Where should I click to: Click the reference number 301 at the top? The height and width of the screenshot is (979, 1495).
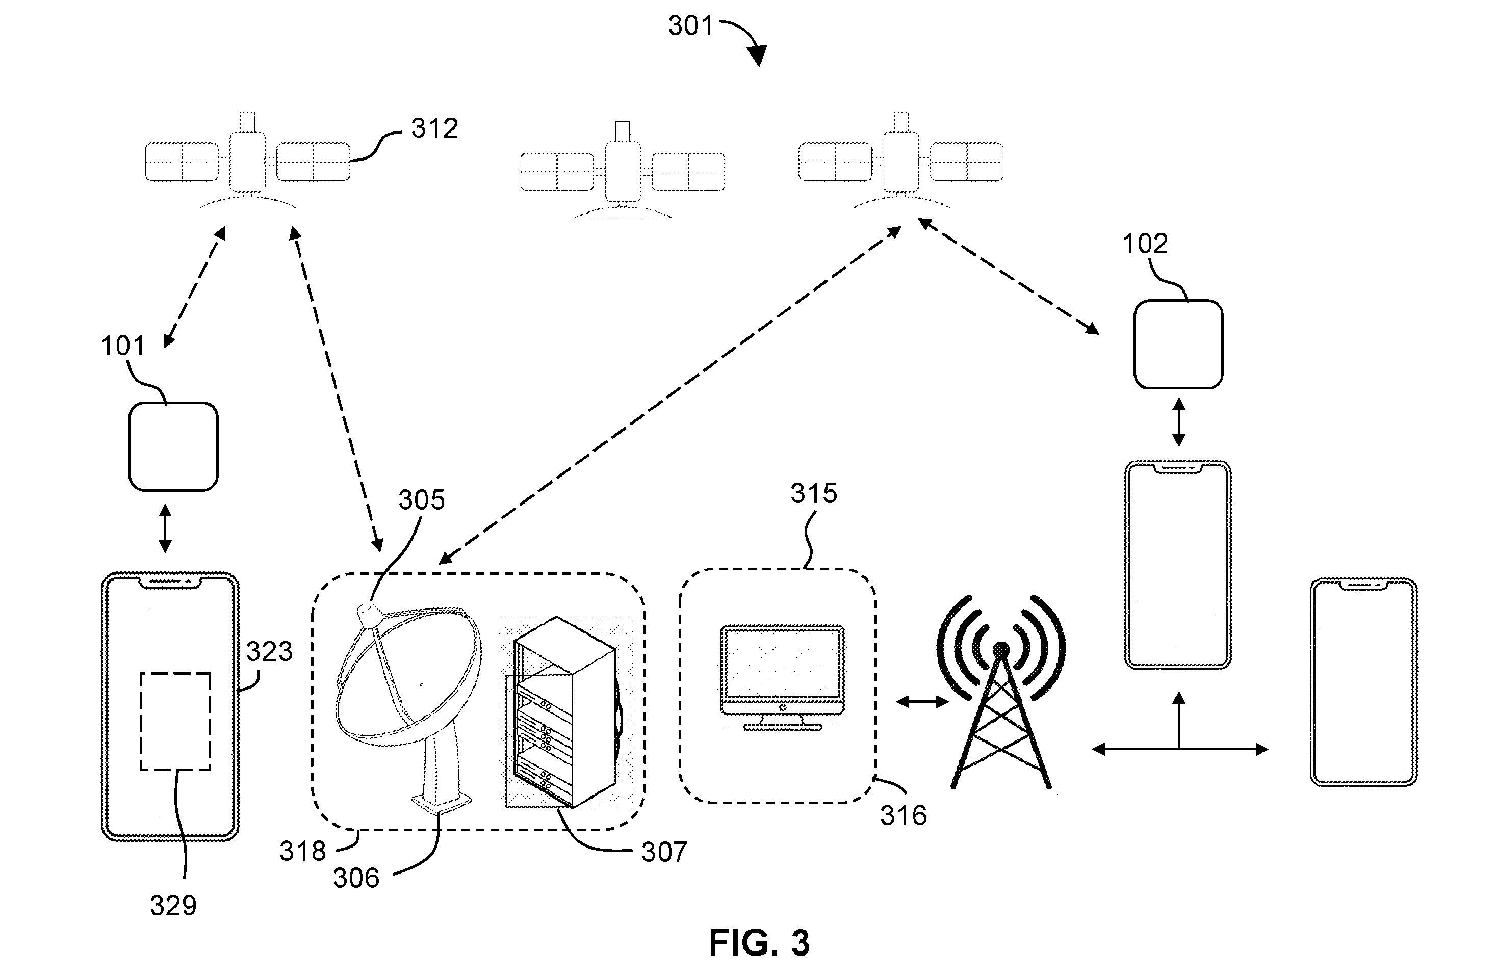click(690, 27)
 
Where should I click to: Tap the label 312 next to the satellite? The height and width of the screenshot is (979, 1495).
click(434, 129)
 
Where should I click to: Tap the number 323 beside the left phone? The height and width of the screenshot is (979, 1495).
click(269, 652)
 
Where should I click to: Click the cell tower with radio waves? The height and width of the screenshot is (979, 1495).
click(1000, 691)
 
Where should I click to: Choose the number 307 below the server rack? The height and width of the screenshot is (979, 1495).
click(664, 852)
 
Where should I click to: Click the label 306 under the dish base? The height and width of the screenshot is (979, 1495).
click(356, 879)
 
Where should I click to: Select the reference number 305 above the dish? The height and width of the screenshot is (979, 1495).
click(422, 500)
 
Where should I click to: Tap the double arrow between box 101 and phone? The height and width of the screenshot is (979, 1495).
click(165, 528)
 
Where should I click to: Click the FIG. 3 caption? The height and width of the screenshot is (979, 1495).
click(759, 943)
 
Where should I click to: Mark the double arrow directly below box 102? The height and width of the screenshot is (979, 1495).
click(1178, 422)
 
